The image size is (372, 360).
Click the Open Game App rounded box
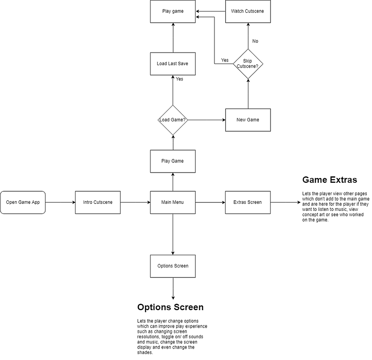23,202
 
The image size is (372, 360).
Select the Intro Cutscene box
98,202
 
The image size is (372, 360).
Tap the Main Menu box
173,202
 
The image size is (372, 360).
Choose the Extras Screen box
248,202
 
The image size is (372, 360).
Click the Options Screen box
173,266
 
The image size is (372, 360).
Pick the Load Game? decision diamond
173,120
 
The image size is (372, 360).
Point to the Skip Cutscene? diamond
248,64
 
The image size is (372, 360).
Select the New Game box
248,120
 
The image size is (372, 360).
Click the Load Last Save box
173,64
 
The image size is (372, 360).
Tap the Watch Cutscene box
248,11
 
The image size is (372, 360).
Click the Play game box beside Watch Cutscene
173,11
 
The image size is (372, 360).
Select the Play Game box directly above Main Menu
173,161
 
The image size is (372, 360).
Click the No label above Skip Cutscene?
255,41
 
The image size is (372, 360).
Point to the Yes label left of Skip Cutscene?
225,60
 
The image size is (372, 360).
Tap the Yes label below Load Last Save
180,79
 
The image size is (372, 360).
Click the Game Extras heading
329,180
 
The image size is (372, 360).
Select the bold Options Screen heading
170,307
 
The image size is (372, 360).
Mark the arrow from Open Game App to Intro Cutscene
60,202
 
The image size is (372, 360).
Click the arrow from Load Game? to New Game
206,120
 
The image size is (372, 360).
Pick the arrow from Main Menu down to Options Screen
173,234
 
